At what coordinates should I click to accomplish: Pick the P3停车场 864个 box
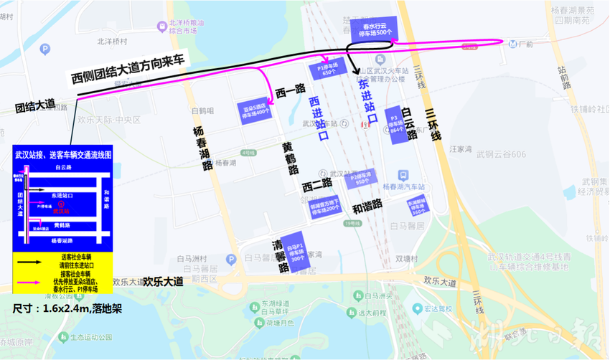click(x=396, y=125)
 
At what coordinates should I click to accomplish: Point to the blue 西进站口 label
click(x=319, y=119)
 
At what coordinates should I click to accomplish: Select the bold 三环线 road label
click(x=432, y=128)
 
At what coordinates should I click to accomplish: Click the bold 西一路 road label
click(x=291, y=90)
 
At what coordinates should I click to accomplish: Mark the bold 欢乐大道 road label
click(x=163, y=282)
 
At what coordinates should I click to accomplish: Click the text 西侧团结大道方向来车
click(x=128, y=69)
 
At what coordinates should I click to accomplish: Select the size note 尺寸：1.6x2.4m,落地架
click(x=62, y=308)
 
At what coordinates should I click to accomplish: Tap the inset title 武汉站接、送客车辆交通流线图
click(x=63, y=155)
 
